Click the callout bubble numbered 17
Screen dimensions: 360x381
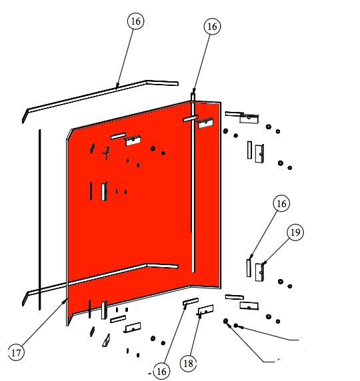tap(16, 352)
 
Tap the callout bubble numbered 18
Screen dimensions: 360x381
tap(188, 364)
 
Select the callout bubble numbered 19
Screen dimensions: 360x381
tap(295, 232)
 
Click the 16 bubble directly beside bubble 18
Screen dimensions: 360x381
tap(161, 371)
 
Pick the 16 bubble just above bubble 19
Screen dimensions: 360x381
tap(281, 203)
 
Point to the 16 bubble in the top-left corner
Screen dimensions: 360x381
tap(136, 21)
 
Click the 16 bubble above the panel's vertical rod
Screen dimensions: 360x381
tap(213, 27)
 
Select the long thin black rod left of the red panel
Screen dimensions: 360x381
tap(39, 220)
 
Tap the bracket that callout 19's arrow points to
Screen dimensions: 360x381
tap(259, 272)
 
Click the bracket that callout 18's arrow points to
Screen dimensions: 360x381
tap(205, 310)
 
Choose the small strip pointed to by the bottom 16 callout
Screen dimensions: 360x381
tap(191, 302)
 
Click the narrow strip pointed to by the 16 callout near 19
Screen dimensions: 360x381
tap(249, 268)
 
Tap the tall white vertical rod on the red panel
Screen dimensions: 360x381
tap(193, 183)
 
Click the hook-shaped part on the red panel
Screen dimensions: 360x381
tap(106, 153)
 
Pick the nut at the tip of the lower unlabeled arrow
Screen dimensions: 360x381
tap(226, 321)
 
